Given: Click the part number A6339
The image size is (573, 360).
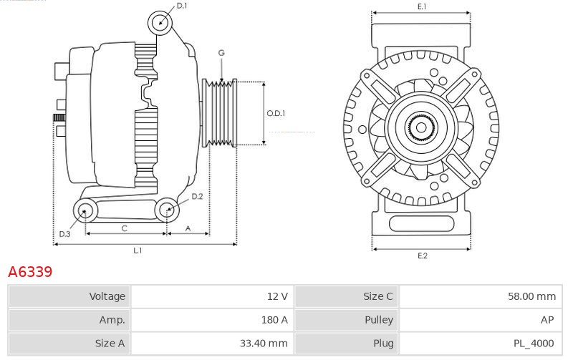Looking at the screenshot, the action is (x=30, y=272).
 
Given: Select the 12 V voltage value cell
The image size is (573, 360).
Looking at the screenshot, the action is (x=212, y=296).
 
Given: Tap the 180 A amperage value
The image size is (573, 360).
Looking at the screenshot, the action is (x=212, y=320).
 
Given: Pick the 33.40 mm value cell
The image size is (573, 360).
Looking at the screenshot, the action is (x=212, y=344).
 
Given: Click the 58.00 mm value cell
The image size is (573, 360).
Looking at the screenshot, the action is (x=481, y=296).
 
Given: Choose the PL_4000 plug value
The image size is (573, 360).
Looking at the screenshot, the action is (x=481, y=344).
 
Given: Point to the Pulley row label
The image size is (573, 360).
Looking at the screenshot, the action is (x=347, y=320).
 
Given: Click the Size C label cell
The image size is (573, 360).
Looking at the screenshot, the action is (x=347, y=296).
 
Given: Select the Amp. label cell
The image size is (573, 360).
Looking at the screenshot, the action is (x=69, y=320).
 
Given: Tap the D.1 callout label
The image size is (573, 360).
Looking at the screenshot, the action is (x=182, y=6).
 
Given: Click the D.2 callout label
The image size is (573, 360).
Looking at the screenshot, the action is (x=197, y=196).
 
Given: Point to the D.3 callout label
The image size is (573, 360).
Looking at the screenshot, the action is (x=64, y=234).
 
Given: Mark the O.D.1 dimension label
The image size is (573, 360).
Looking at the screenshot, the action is (x=276, y=114).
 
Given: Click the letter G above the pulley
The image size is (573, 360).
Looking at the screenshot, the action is (x=221, y=53).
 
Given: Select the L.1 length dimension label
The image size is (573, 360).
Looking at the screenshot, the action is (x=138, y=250).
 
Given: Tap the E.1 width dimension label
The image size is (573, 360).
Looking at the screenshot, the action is (x=422, y=6).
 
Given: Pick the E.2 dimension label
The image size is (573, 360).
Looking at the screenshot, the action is (x=422, y=256).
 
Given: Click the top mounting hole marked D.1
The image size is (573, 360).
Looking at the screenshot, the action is (x=160, y=23).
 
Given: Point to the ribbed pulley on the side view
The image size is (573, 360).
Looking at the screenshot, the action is (x=220, y=113).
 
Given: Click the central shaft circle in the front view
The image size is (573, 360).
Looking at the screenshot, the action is (x=421, y=127).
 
